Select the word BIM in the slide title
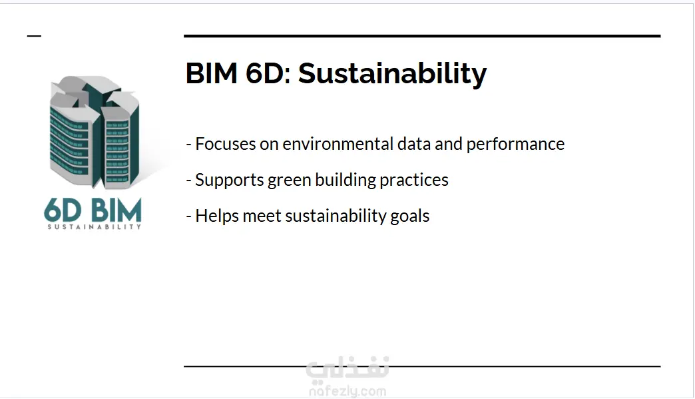[x=212, y=73]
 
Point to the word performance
[x=515, y=145]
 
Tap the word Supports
[x=230, y=181]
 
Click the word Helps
[x=217, y=216]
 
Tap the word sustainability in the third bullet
[x=336, y=216]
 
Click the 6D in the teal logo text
[x=63, y=210]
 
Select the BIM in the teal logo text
[x=116, y=210]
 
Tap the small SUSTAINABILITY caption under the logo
[x=94, y=226]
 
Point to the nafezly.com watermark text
[x=347, y=392]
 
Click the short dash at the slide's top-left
[x=34, y=36]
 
